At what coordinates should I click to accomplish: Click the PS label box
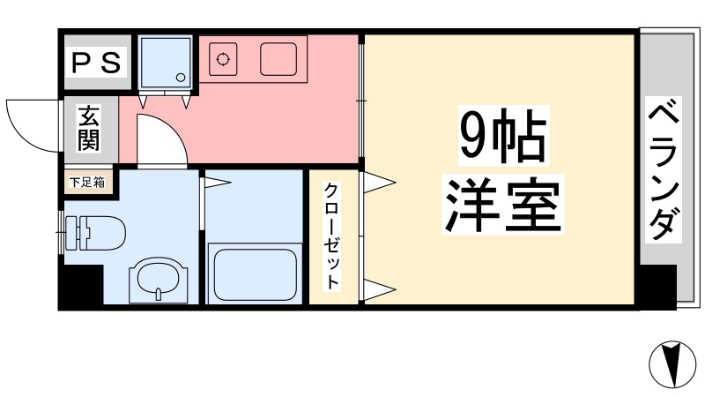[x=98, y=62]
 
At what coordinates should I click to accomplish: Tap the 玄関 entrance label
[x=88, y=129]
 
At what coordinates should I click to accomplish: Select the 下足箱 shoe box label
[x=88, y=183]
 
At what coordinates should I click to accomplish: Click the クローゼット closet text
[x=332, y=236]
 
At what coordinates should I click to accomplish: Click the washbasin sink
[x=158, y=281]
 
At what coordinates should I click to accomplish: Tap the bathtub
[x=254, y=274]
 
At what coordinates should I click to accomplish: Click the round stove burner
[x=224, y=60]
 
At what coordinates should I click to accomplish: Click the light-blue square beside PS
[x=165, y=61]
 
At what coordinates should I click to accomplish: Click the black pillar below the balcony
[x=657, y=286]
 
